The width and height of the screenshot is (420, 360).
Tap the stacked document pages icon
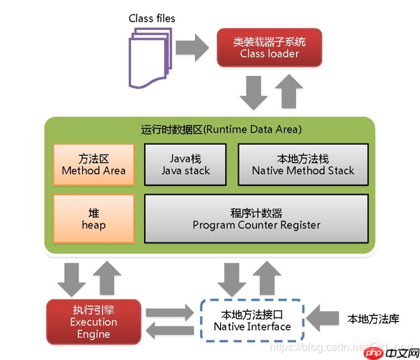pos(148,50)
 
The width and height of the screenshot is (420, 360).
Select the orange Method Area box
pos(93,164)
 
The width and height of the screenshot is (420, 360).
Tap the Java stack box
pos(185,164)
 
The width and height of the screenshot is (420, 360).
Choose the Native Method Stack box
pos(303,164)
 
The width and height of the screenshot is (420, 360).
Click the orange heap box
pos(93,219)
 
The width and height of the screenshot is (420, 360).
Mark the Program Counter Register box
pos(256,219)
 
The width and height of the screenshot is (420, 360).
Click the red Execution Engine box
pos(94,322)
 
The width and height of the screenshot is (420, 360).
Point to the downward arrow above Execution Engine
pos(72,277)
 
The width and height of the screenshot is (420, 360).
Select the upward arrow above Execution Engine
pos(108,277)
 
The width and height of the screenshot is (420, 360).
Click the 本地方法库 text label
pos(374,320)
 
